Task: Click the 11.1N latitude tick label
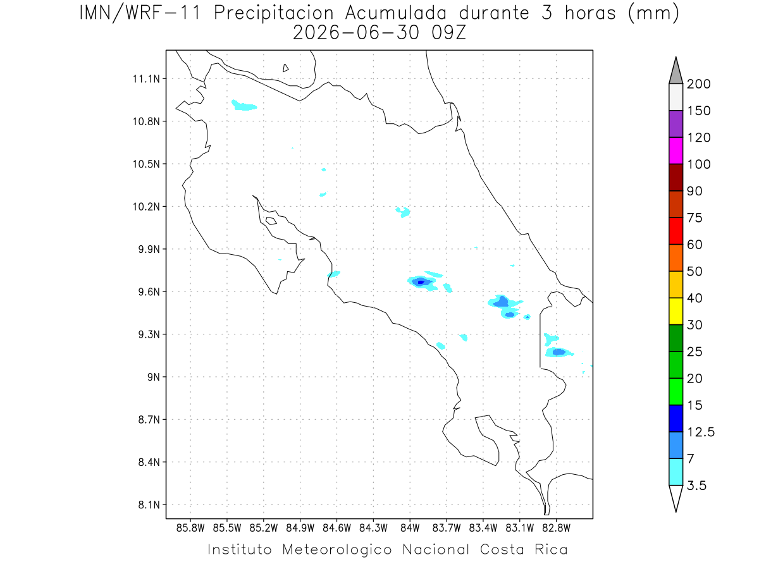[146, 79]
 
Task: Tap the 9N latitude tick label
[154, 377]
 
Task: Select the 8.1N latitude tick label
[149, 505]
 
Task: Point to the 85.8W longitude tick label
[190, 529]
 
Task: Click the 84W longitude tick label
[410, 529]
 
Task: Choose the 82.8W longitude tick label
[556, 529]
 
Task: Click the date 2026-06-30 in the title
[356, 33]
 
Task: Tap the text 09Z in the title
[449, 33]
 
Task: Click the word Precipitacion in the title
[274, 14]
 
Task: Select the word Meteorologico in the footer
[337, 549]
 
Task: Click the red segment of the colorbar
[676, 231]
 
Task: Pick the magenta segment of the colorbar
[676, 150]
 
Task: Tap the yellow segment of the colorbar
[676, 311]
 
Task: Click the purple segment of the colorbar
[676, 124]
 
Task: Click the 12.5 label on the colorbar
[701, 432]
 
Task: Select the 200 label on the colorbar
[698, 84]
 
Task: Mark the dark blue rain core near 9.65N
[421, 283]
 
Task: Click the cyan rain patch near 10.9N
[244, 105]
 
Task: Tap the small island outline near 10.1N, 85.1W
[271, 221]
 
